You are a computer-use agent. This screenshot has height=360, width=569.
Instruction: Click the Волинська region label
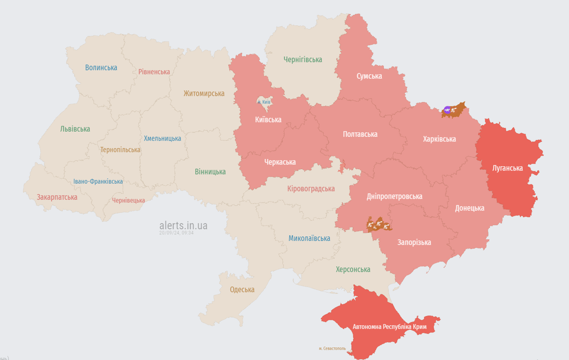[101, 67]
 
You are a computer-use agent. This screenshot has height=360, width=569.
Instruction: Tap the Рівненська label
[154, 72]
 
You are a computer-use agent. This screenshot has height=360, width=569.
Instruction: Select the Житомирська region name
[204, 93]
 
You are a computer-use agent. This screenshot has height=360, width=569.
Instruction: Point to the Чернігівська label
[303, 60]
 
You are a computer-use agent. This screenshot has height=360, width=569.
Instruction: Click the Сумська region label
[369, 76]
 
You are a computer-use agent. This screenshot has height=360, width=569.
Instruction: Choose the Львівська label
[75, 129]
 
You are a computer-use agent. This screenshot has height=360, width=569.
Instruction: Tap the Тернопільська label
[120, 150]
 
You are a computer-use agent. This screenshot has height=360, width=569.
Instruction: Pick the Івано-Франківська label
[98, 181]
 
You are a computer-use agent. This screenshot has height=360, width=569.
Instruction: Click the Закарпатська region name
[57, 197]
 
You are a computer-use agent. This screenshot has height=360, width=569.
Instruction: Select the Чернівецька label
[129, 200]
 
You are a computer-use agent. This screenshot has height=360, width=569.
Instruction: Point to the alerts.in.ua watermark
[183, 225]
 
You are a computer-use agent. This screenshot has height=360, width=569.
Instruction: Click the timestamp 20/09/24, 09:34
[176, 232]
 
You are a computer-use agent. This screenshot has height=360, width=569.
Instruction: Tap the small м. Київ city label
[264, 102]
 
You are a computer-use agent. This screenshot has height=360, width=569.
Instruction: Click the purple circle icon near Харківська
[447, 110]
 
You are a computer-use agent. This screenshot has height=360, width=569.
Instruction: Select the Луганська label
[508, 168]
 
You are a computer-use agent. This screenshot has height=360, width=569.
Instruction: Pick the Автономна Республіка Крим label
[390, 326]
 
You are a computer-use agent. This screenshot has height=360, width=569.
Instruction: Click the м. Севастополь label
[332, 348]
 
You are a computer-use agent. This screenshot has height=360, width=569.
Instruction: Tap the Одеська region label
[242, 289]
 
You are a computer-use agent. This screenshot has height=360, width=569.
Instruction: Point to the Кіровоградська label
[311, 188]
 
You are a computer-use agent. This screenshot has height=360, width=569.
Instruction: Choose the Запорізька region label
[414, 242]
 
